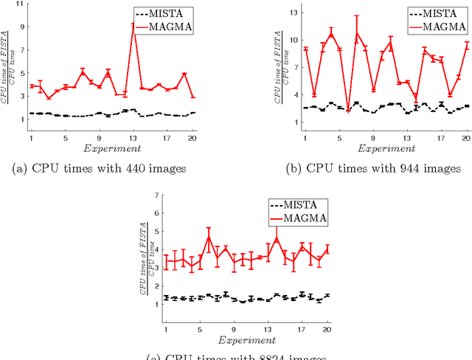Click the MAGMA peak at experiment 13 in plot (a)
coord(133,25)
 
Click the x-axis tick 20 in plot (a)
coord(192,138)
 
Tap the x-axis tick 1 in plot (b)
coord(305,138)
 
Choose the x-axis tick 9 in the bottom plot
coord(234,330)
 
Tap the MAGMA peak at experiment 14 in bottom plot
coord(277,238)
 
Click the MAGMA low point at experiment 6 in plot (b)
coord(347,110)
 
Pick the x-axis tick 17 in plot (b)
coord(441,138)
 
